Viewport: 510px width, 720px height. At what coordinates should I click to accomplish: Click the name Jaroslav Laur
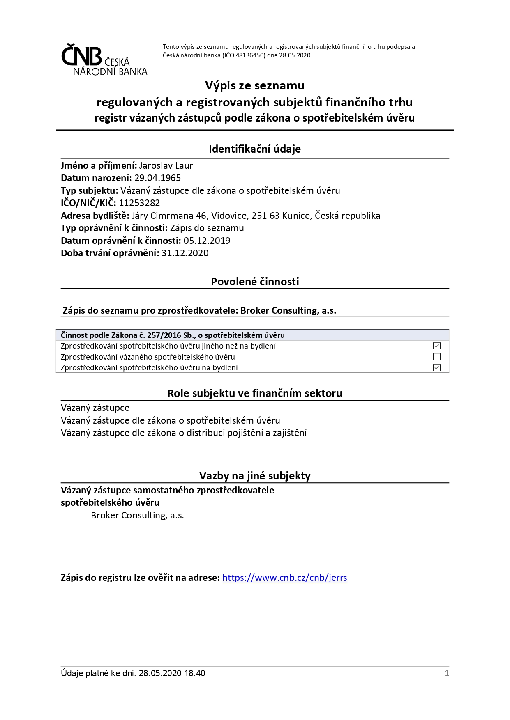coord(166,165)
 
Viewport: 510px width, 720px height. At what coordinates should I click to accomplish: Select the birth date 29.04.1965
coord(157,178)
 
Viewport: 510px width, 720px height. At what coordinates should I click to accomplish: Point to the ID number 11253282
coord(139,203)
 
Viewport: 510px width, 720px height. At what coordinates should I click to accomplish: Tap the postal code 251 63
coord(265,216)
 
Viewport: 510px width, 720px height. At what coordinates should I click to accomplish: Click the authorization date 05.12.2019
coord(207,241)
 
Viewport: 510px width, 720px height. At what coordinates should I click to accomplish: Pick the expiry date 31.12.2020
coord(185,253)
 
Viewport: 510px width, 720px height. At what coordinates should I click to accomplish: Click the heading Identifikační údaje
coord(254,149)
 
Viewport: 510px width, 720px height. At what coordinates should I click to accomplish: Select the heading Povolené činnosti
coord(255,282)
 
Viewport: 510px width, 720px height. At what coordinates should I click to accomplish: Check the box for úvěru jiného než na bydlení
coord(437,346)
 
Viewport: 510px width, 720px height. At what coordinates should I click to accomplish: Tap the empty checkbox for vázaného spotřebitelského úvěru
coord(437,357)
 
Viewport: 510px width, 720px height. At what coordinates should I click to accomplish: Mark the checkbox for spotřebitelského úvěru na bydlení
coord(437,367)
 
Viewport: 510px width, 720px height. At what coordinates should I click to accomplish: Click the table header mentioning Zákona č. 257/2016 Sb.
coord(173,335)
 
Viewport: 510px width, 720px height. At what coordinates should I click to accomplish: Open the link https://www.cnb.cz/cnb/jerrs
coord(284,578)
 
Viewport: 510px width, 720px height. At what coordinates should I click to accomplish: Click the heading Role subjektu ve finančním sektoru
coord(254,393)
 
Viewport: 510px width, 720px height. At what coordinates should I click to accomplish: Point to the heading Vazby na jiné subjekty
coord(255,476)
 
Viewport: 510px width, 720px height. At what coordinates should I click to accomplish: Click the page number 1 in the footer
coord(447,673)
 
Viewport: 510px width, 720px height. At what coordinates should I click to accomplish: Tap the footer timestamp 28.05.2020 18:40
coord(172,673)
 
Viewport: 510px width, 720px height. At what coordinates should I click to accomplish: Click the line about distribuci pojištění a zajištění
coord(184,433)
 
